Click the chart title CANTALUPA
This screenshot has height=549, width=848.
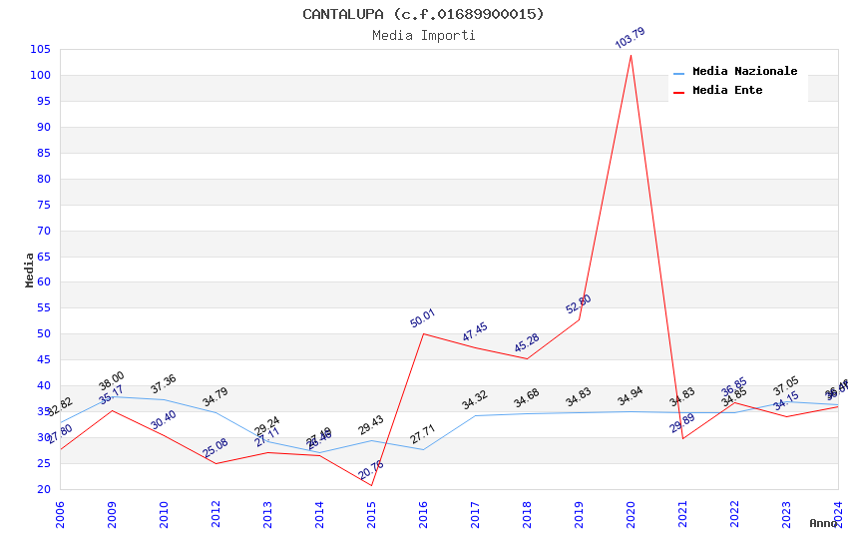(x=423, y=14)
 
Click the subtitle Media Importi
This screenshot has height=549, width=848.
(x=423, y=36)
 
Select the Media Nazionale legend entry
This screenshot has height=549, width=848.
(x=744, y=72)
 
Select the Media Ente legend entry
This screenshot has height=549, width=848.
(x=727, y=91)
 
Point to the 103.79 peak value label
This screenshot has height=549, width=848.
(x=630, y=39)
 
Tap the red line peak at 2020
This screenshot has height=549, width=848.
(x=631, y=54)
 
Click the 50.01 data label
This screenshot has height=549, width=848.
(x=423, y=318)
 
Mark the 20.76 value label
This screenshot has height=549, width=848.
(x=371, y=470)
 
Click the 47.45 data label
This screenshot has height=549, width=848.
(x=475, y=332)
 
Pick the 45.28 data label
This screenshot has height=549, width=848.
(x=527, y=343)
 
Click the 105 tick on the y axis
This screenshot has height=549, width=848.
(x=41, y=50)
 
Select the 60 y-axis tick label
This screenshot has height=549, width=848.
(x=44, y=282)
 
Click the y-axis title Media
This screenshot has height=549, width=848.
(x=30, y=270)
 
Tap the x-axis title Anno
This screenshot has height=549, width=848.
(x=823, y=523)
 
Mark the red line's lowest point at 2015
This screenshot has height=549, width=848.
(x=371, y=485)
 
